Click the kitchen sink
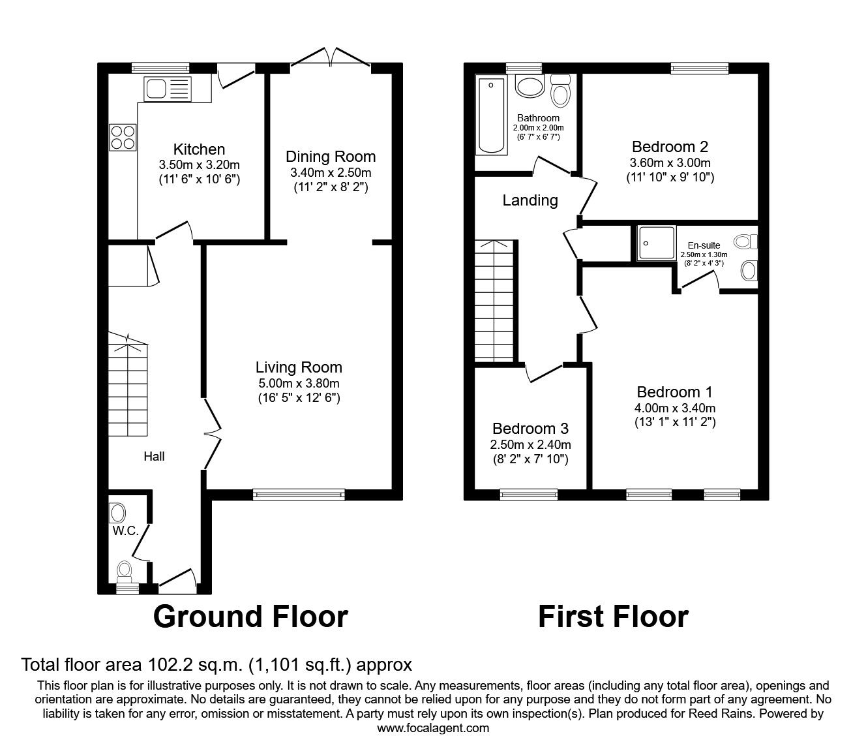pyautogui.click(x=168, y=89)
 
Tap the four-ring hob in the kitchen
pyautogui.click(x=123, y=138)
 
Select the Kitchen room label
pyautogui.click(x=199, y=149)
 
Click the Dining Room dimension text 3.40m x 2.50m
pyautogui.click(x=331, y=173)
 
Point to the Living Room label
pyautogui.click(x=299, y=367)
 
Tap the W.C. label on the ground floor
pyautogui.click(x=125, y=530)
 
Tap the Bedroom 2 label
pyautogui.click(x=670, y=146)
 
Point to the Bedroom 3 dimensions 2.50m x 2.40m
pyautogui.click(x=530, y=444)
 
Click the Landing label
pyautogui.click(x=530, y=200)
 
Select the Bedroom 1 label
pyautogui.click(x=674, y=391)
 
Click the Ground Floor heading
pyautogui.click(x=250, y=616)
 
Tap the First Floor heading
pyautogui.click(x=612, y=616)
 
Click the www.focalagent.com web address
pyautogui.click(x=433, y=728)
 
